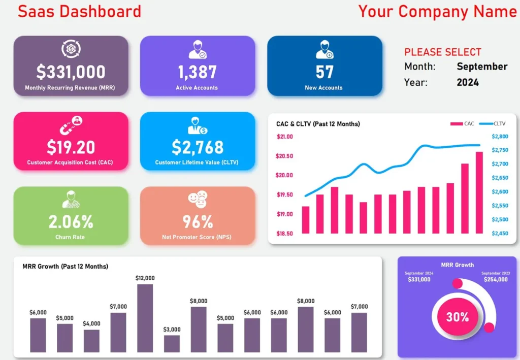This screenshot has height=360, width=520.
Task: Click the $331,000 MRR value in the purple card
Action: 71,73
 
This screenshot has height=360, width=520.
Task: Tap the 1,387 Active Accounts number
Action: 197,73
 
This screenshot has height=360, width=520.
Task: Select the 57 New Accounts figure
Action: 324,73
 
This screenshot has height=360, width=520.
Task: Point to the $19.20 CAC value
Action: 71,147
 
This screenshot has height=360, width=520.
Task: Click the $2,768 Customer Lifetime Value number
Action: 197,147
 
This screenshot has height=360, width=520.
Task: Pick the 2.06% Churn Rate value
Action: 71,222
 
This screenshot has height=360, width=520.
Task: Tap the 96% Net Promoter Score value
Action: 197,222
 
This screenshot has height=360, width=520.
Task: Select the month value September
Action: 482,67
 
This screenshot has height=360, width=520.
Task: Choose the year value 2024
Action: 467,82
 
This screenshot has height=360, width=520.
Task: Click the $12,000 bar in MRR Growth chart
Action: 145,318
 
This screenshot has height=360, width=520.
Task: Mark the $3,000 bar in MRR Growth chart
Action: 172,343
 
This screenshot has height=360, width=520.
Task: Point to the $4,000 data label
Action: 92,323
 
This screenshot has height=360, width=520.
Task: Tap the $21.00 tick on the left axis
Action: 285,137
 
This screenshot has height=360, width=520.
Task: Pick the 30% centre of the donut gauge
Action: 457,317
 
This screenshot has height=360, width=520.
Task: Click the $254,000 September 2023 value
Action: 495,280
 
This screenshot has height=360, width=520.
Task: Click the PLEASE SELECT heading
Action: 442,52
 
